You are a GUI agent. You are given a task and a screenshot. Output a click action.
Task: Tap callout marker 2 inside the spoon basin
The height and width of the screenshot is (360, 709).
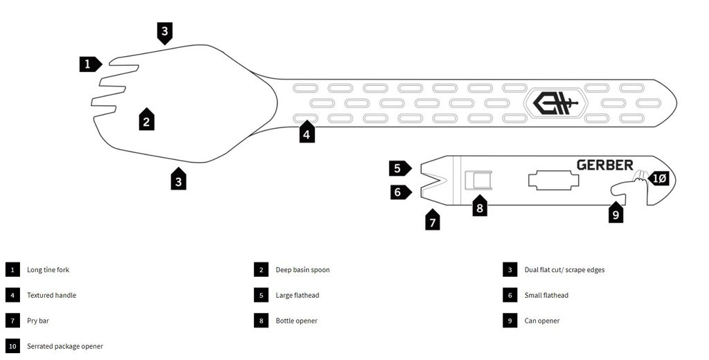[145, 120]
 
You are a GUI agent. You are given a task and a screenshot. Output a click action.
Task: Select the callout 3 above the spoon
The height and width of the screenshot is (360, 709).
[164, 32]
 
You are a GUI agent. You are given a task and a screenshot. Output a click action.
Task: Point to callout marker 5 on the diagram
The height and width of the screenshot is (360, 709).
[399, 168]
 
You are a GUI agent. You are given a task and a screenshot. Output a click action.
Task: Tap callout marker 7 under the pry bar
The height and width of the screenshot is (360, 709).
[433, 221]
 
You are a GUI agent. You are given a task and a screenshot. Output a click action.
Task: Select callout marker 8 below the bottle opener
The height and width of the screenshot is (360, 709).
[480, 206]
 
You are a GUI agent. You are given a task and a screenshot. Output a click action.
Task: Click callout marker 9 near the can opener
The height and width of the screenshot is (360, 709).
[616, 213]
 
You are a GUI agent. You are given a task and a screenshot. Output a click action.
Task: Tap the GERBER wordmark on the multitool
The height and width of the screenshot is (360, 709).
[604, 165]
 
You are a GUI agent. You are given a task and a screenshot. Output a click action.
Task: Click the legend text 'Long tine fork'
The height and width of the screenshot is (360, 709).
[48, 270]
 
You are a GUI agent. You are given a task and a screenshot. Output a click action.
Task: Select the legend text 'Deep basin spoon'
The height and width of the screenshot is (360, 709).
[303, 270]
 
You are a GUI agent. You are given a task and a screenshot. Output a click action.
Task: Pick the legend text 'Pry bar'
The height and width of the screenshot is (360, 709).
[38, 321]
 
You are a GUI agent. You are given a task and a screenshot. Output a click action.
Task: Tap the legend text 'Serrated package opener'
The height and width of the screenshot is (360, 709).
[65, 346]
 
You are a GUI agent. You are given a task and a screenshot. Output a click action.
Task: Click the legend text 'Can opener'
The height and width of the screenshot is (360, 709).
[542, 321]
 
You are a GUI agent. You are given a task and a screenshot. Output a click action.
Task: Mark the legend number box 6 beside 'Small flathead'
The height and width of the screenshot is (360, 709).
[510, 296]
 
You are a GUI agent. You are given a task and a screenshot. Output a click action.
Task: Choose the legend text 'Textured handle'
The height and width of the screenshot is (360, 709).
[51, 296]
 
